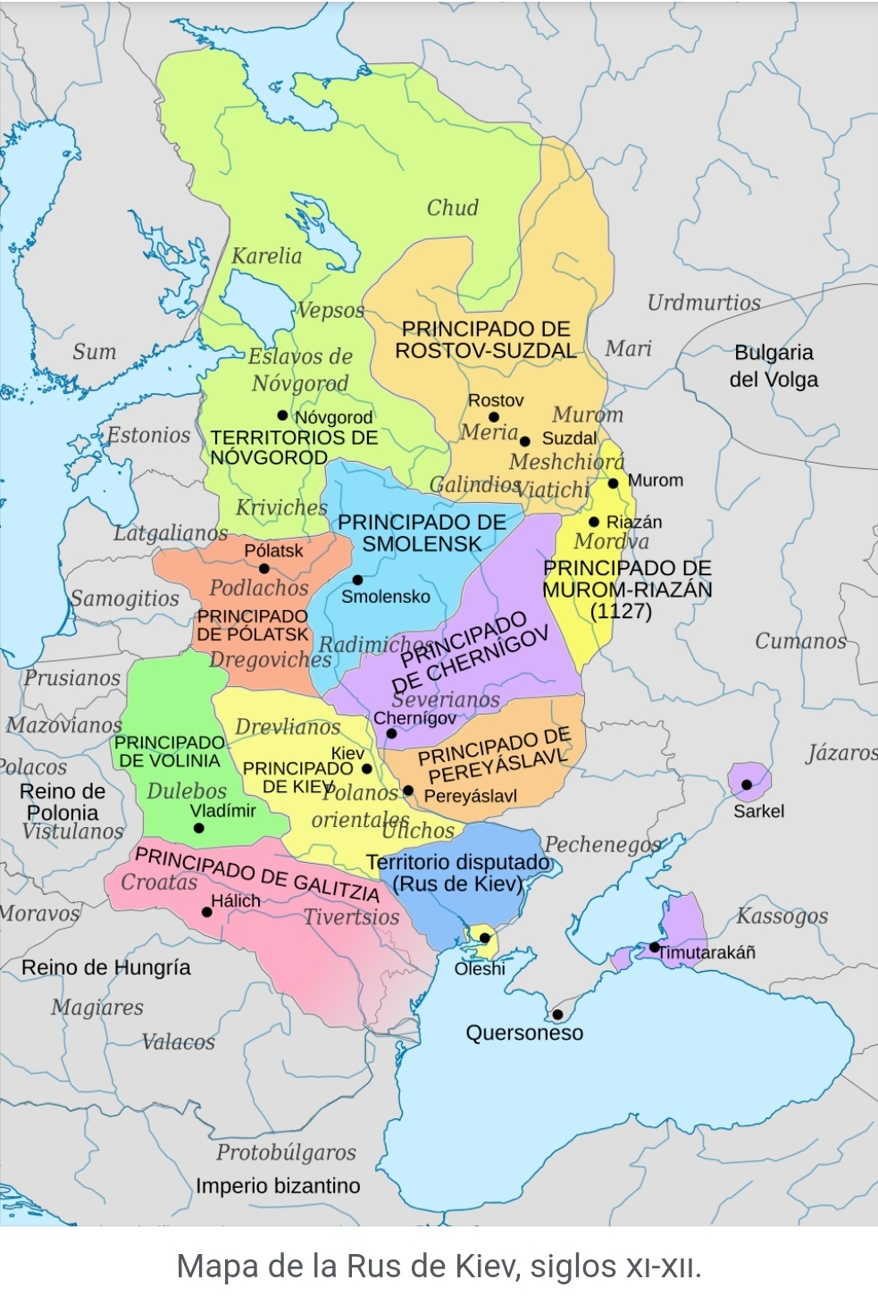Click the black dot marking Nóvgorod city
pyautogui.click(x=282, y=415)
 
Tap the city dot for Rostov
pyautogui.click(x=493, y=417)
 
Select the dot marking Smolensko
pyautogui.click(x=357, y=580)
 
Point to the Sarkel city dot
pyautogui.click(x=747, y=785)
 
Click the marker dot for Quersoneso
pyautogui.click(x=557, y=1014)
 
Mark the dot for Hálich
pyautogui.click(x=207, y=912)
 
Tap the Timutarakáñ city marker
pyautogui.click(x=655, y=947)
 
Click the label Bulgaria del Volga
pyautogui.click(x=773, y=366)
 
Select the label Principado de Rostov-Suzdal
pyautogui.click(x=486, y=340)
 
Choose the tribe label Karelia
pyautogui.click(x=266, y=256)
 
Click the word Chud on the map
pyautogui.click(x=452, y=208)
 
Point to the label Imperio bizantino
pyautogui.click(x=278, y=1186)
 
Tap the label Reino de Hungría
pyautogui.click(x=105, y=967)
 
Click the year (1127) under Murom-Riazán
pyautogui.click(x=621, y=612)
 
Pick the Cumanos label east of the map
pyautogui.click(x=800, y=641)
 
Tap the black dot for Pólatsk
pyautogui.click(x=264, y=569)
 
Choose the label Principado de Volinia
pyautogui.click(x=169, y=752)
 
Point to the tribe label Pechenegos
pyautogui.click(x=603, y=844)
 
